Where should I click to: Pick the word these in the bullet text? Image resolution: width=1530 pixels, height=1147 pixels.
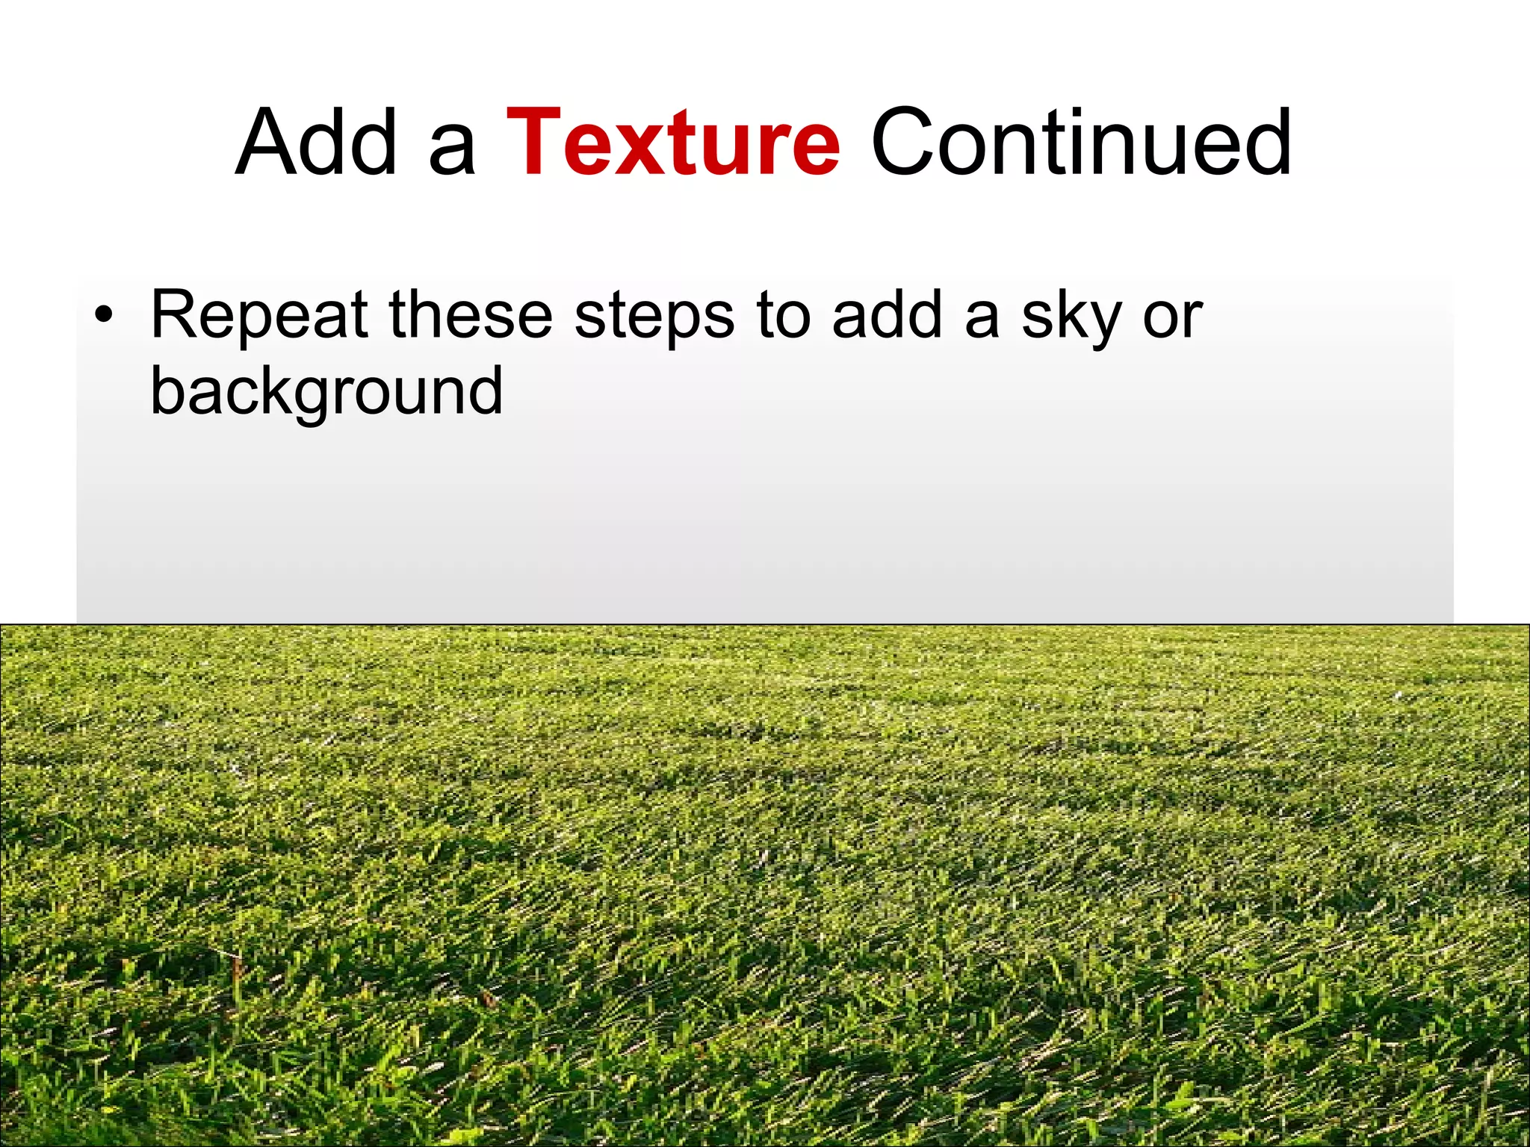pyautogui.click(x=470, y=314)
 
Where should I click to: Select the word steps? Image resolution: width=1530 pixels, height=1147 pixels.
pyautogui.click(x=654, y=317)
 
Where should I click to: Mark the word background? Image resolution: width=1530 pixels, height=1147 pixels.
pyautogui.click(x=326, y=392)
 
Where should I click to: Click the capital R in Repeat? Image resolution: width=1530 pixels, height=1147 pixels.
pyautogui.click(x=174, y=314)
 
